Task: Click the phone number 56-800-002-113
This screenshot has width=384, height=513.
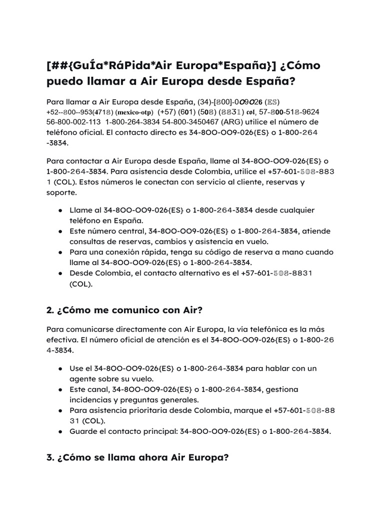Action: (73, 122)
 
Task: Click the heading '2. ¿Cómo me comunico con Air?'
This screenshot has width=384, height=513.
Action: (124, 310)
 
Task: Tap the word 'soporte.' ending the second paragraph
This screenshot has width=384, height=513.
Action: (61, 192)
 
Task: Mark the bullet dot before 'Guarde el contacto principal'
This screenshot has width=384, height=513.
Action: (60, 431)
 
